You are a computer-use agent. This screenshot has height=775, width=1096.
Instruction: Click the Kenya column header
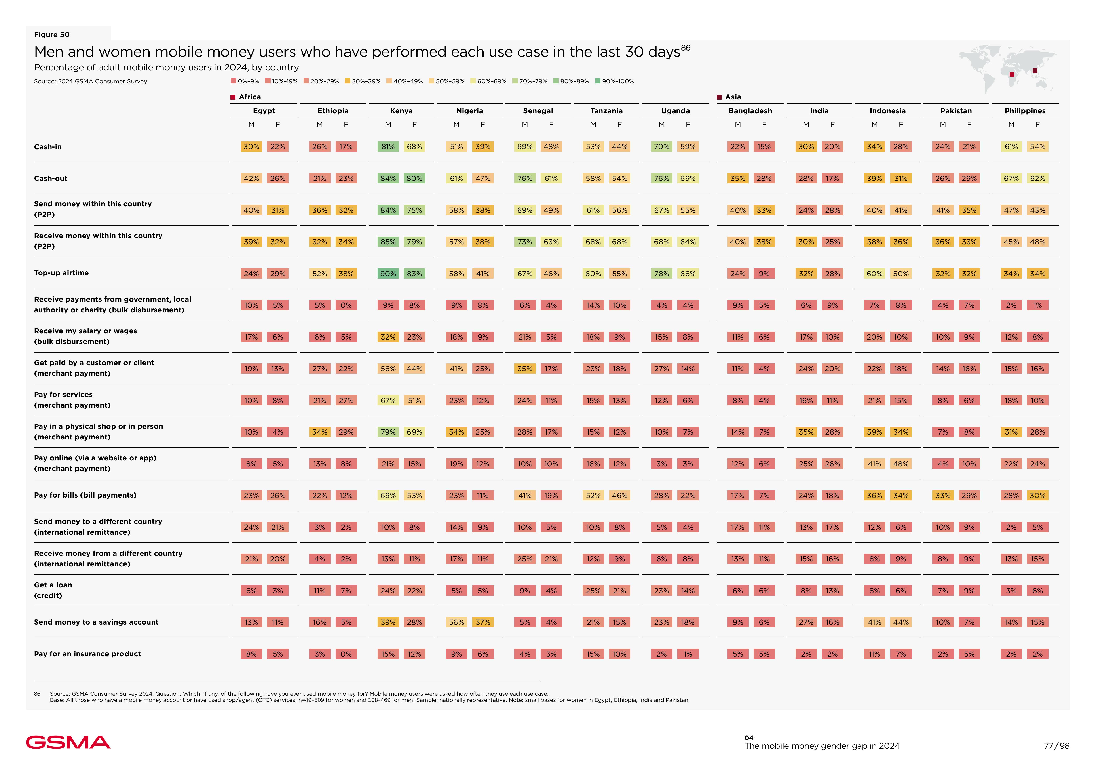tap(401, 111)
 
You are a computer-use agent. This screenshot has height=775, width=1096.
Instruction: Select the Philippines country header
tap(1025, 111)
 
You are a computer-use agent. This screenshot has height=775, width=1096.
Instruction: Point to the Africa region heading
tap(249, 97)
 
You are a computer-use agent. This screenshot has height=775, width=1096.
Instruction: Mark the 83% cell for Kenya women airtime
tap(414, 274)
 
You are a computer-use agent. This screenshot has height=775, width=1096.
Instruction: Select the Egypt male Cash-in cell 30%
tap(251, 146)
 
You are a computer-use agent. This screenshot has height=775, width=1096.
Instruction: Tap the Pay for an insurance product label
tap(87, 654)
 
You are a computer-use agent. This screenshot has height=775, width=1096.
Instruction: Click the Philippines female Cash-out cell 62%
tap(1037, 179)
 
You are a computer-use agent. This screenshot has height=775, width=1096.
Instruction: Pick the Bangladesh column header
tap(750, 111)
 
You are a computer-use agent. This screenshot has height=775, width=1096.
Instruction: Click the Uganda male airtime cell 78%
tap(661, 274)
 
